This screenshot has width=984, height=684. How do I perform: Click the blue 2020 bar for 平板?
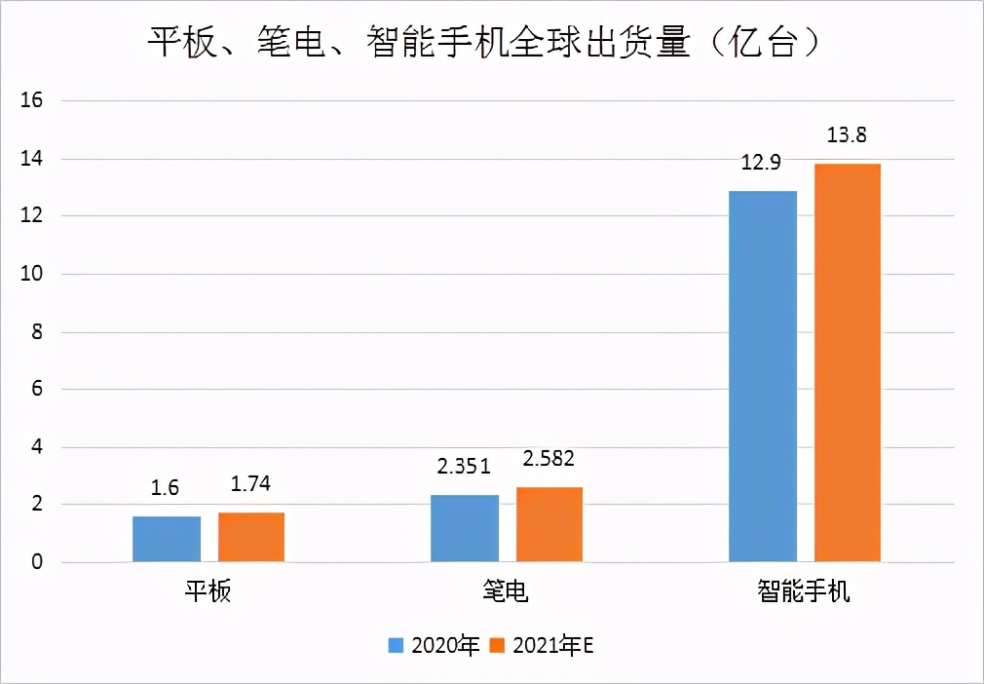click(167, 539)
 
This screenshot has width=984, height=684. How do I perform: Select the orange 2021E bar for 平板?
click(251, 537)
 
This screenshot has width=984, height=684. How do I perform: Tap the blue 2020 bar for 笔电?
click(465, 528)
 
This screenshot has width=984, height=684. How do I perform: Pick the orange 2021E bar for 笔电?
click(549, 524)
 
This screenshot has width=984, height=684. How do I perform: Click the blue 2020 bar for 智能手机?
click(763, 376)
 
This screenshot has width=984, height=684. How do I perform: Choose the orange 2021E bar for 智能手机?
click(848, 362)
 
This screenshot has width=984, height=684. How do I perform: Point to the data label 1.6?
click(166, 488)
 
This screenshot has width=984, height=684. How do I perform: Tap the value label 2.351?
click(465, 468)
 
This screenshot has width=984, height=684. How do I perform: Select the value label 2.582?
click(549, 459)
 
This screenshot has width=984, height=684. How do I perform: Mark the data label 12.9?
click(761, 163)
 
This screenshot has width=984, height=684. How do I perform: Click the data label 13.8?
click(847, 136)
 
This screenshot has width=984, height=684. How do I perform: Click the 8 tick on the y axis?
click(38, 331)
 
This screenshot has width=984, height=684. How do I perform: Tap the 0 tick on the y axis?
click(38, 562)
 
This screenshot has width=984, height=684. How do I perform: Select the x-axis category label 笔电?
click(507, 591)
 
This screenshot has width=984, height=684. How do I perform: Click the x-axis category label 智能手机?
click(805, 591)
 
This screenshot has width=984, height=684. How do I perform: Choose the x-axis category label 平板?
click(208, 591)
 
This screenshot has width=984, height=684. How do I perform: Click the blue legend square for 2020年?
click(397, 645)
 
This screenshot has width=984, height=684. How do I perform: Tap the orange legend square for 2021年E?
click(497, 645)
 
